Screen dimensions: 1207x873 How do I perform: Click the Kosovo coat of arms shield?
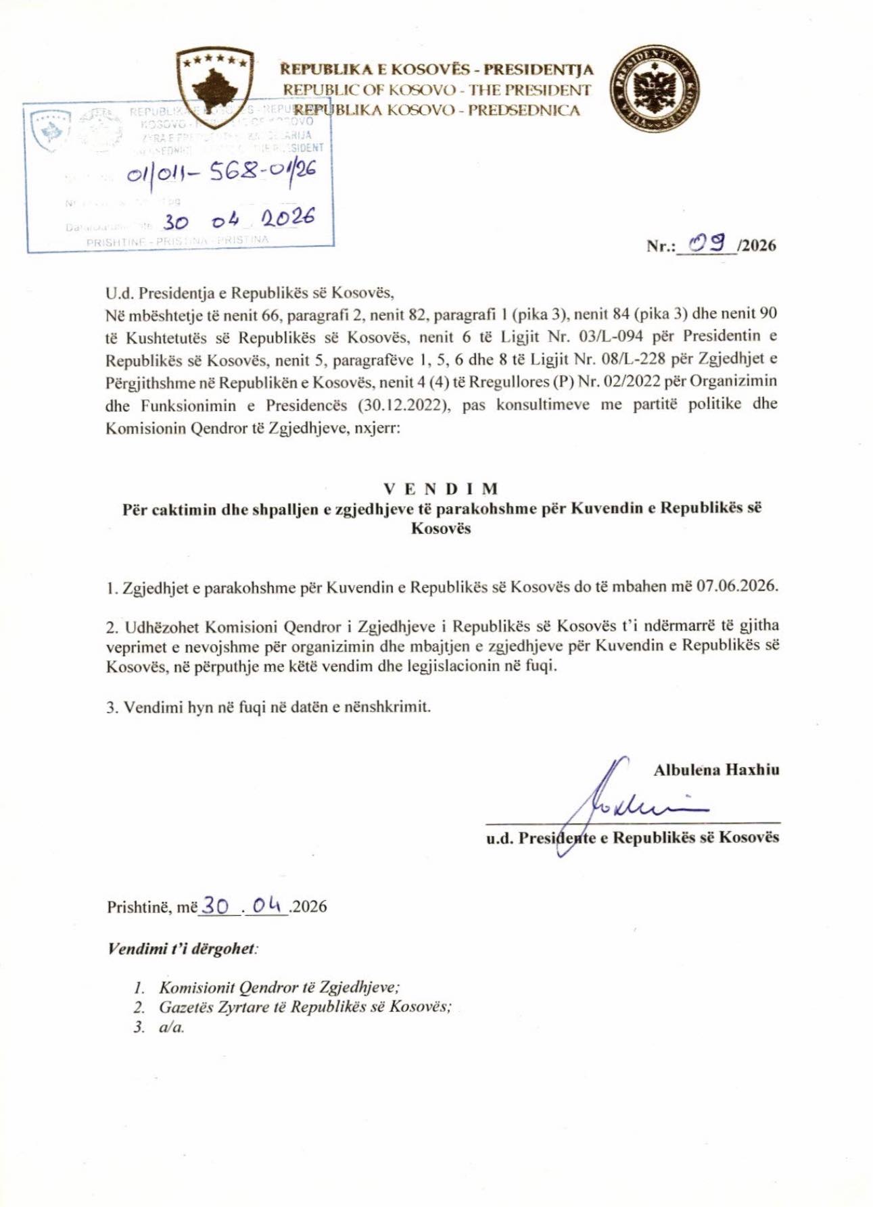[x=214, y=87]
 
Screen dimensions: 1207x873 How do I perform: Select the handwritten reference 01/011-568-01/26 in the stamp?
[x=221, y=174]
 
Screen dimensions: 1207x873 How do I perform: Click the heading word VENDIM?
[x=441, y=489]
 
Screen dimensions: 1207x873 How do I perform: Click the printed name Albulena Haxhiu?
[x=716, y=769]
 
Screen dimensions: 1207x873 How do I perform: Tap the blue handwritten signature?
[x=622, y=804]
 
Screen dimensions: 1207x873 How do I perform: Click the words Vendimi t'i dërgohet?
[x=182, y=948]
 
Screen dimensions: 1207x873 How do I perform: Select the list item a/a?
[x=172, y=1027]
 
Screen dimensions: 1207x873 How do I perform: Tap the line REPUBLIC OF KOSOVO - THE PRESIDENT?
[x=437, y=89]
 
